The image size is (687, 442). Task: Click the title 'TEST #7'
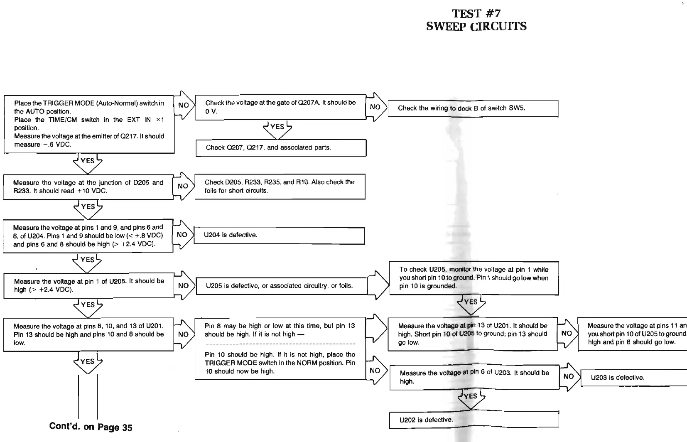coord(476,14)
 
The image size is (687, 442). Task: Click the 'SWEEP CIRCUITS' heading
coord(476,27)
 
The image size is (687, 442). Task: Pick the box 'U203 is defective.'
coord(633,378)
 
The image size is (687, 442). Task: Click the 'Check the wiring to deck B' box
coord(473,108)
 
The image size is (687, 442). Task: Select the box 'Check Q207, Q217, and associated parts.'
coord(281,148)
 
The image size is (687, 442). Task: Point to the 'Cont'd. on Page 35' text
coord(91,427)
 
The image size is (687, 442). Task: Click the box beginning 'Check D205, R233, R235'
coord(280,187)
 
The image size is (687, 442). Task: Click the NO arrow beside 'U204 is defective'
coord(183,235)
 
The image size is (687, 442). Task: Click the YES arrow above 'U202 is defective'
coord(471,397)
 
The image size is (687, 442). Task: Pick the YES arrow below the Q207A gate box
coord(277,128)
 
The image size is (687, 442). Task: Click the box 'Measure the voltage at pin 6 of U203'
coord(474,377)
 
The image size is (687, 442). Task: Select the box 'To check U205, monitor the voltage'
coord(474,278)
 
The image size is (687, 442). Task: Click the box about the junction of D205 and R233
coord(88,187)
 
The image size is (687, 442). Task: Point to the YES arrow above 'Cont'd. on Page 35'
coord(88,362)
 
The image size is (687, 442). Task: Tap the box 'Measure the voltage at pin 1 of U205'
coord(88,285)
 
